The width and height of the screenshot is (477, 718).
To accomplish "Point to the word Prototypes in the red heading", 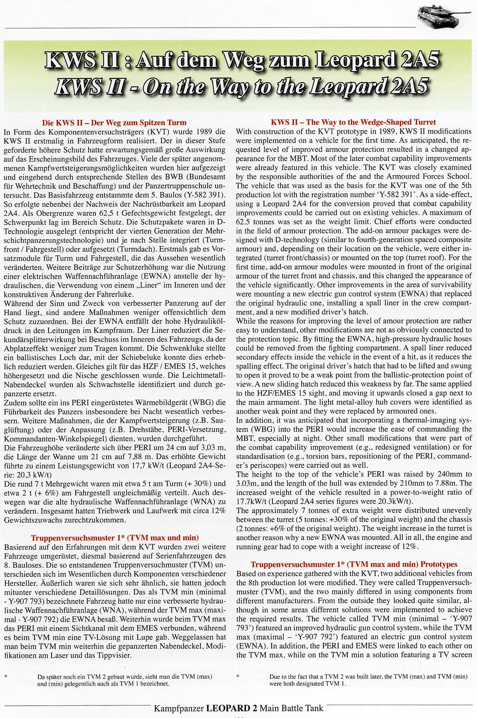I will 438,564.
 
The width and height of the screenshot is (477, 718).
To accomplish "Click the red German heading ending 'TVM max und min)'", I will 115,538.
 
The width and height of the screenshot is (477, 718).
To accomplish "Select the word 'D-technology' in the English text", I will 275,240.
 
